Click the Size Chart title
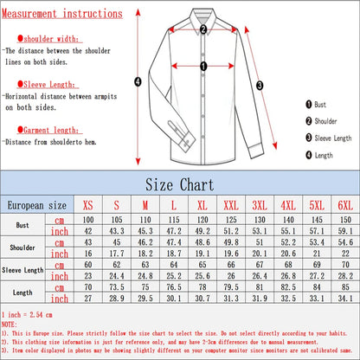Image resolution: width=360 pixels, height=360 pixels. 180,184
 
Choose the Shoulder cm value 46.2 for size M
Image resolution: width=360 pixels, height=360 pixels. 146,242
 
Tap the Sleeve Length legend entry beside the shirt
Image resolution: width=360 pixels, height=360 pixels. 327,137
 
